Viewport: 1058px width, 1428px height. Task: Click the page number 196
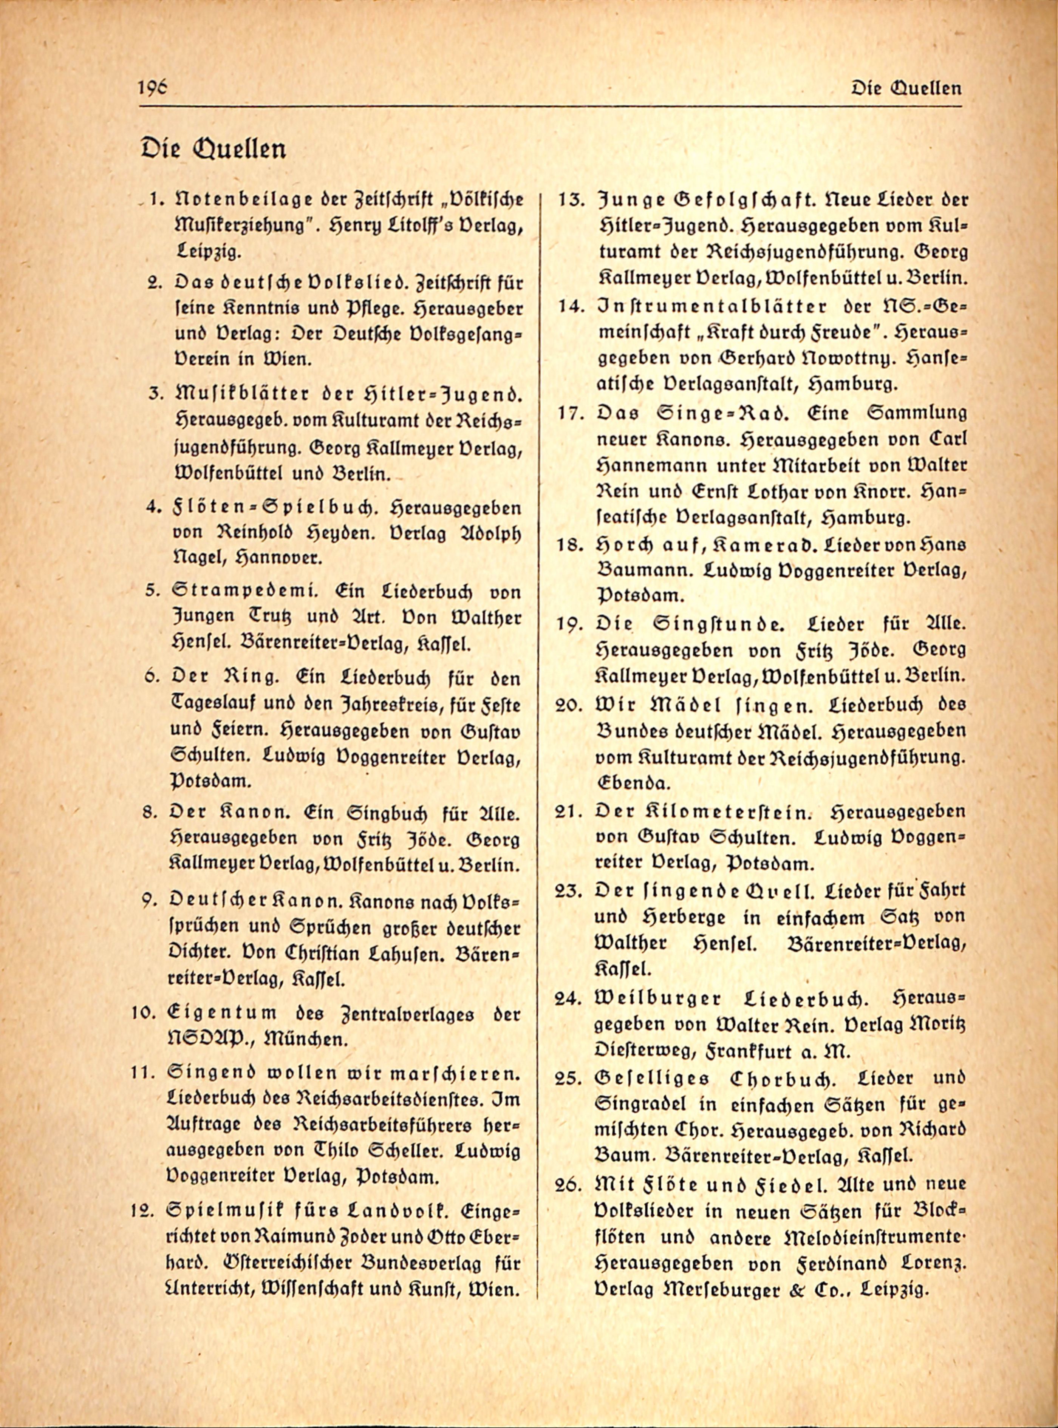[x=152, y=87]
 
